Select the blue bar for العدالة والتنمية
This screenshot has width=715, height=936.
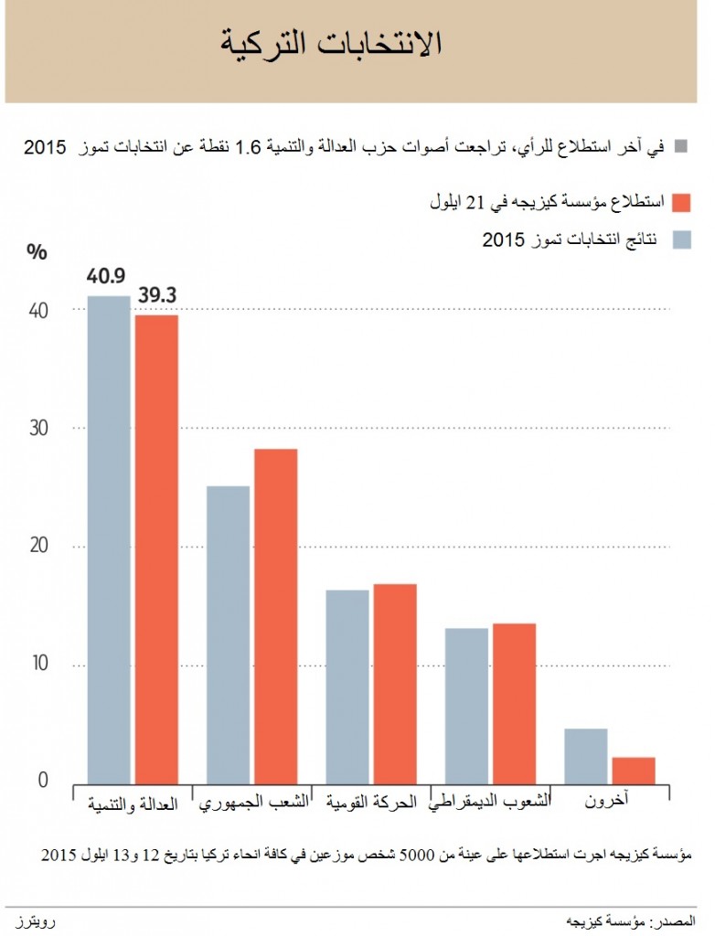click(109, 539)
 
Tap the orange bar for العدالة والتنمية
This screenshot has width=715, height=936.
click(156, 548)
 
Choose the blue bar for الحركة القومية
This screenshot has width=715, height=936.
click(347, 686)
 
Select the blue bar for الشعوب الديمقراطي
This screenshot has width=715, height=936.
click(466, 705)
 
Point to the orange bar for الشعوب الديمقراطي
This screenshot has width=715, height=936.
click(514, 702)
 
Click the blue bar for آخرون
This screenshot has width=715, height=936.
click(586, 755)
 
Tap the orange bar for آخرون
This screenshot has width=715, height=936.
click(634, 770)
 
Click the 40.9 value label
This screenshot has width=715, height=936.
click(107, 275)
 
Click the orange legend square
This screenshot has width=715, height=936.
click(681, 201)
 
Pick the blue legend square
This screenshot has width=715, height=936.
click(681, 239)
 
